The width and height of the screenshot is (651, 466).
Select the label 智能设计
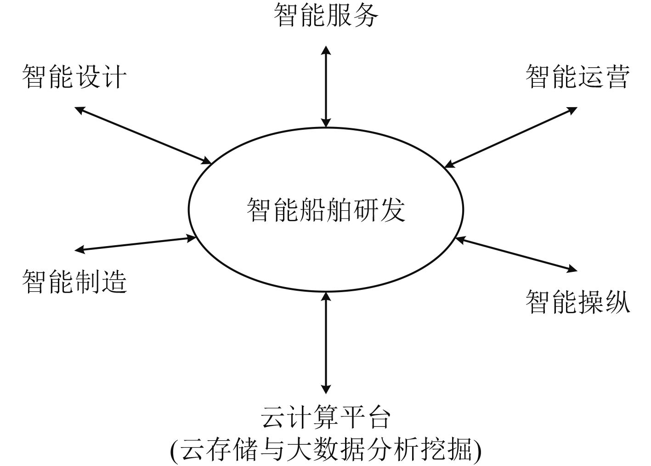coord(74,76)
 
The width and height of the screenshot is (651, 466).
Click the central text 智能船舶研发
coord(326,210)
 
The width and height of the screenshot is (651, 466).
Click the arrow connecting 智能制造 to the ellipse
coord(136,244)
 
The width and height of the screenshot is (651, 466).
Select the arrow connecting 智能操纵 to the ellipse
coord(516,254)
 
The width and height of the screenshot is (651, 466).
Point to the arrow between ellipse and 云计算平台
coord(326,343)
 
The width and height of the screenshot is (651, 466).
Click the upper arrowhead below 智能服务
coord(326,50)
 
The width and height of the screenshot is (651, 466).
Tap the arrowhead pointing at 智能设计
coord(79,109)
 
